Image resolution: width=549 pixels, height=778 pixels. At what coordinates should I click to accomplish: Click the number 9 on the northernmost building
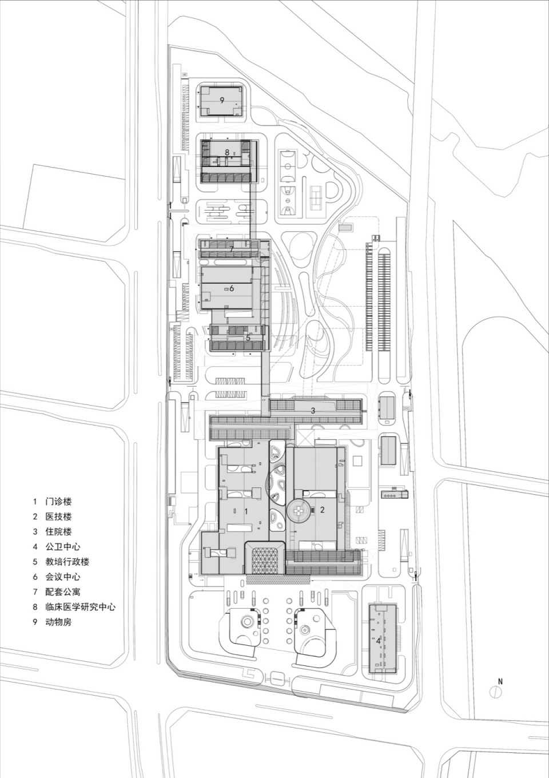(x=222, y=100)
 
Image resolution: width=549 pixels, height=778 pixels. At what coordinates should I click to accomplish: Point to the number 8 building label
(x=227, y=152)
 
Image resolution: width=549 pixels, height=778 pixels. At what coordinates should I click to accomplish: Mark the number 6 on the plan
(x=232, y=288)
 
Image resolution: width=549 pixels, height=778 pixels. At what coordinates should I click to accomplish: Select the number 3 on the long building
(x=313, y=410)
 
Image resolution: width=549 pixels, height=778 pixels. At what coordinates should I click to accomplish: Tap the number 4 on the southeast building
(x=378, y=641)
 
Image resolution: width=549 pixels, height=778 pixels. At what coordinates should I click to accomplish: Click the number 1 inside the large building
(x=246, y=511)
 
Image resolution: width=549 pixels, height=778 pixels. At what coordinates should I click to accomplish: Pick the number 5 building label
(x=248, y=338)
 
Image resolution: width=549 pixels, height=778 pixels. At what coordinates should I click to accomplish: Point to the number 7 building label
(x=231, y=249)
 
